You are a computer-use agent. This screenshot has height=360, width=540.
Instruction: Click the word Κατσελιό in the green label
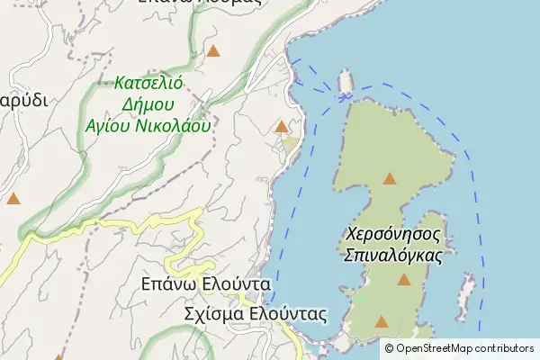[x=149, y=83]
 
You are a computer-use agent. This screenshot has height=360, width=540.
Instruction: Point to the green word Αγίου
[x=103, y=126]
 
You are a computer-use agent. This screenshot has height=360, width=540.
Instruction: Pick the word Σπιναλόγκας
[x=394, y=256]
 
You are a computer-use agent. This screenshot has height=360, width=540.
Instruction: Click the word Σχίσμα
[x=213, y=314]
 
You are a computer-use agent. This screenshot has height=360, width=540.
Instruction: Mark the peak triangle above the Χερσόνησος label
[x=390, y=178]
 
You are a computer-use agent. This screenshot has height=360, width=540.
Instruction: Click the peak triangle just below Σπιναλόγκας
[x=404, y=281]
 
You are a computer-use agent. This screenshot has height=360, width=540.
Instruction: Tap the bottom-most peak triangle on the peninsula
[x=382, y=321]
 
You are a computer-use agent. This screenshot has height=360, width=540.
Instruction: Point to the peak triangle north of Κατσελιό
[x=213, y=50]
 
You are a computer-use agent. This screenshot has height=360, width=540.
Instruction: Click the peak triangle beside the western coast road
[x=282, y=127]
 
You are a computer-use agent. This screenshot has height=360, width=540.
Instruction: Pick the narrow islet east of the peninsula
[x=466, y=292]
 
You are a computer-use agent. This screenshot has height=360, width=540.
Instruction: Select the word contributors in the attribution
[x=507, y=348]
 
